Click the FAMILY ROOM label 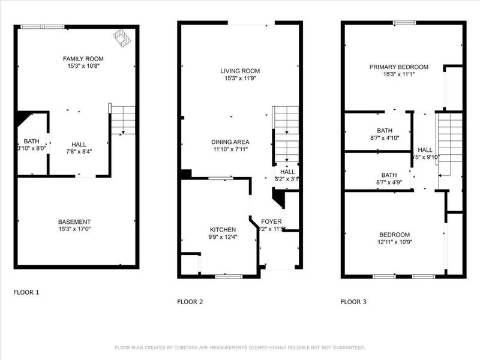(x=84, y=58)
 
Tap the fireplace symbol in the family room (x=123, y=38)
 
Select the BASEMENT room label (x=74, y=221)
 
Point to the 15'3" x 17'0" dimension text (x=74, y=229)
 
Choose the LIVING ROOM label (x=240, y=71)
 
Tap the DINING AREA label (x=230, y=142)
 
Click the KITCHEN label (x=223, y=229)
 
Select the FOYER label (x=271, y=221)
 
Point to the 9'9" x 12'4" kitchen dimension (x=223, y=237)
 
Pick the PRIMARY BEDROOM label (x=399, y=67)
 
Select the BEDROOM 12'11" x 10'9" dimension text (x=394, y=242)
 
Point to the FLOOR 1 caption (x=26, y=292)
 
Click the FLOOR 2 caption (x=190, y=302)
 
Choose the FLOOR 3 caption (x=353, y=302)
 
